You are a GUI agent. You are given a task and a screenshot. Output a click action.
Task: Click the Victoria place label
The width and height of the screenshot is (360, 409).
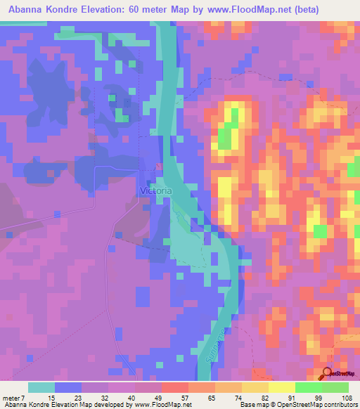(155, 190)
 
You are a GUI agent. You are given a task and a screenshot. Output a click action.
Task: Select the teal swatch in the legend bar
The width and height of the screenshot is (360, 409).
(41, 387)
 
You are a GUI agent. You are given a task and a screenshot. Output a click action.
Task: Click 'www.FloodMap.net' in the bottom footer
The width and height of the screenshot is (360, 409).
(160, 405)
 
